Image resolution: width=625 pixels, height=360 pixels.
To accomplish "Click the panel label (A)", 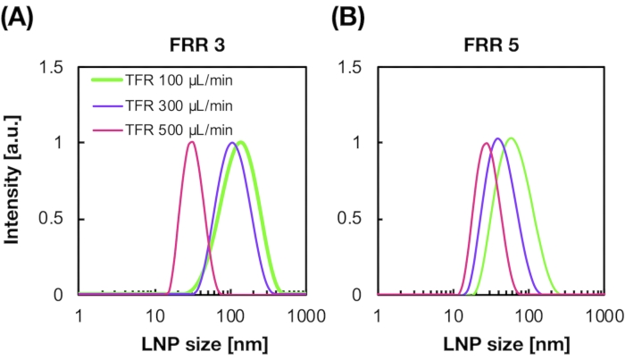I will [17, 16].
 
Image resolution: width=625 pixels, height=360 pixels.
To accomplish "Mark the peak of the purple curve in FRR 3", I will [232, 143].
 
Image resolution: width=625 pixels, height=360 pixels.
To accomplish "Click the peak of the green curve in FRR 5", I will [511, 138].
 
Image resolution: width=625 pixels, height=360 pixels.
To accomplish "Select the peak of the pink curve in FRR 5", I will [486, 143].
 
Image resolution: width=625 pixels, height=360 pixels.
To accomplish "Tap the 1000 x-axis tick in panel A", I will [306, 315].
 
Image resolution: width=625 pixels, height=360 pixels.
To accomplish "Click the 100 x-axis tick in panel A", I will [231, 315].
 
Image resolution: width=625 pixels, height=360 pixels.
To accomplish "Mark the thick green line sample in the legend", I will [112, 81].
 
